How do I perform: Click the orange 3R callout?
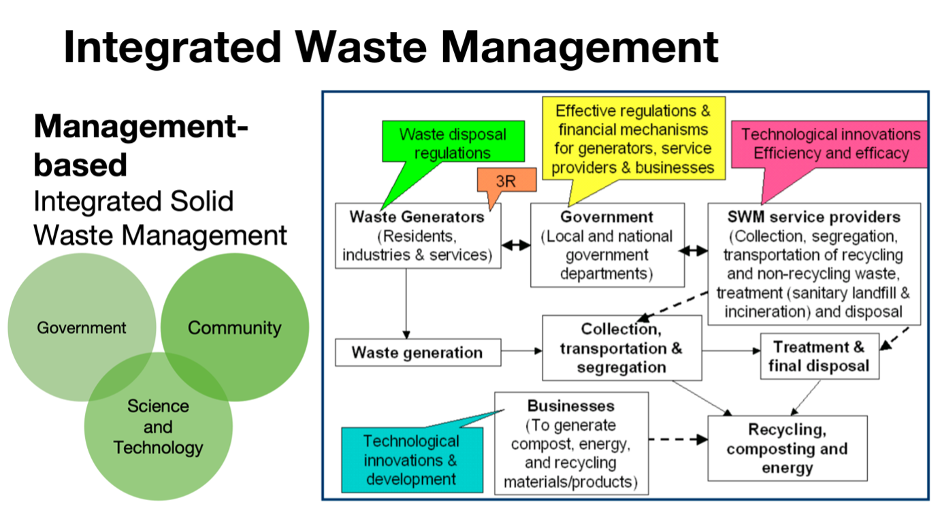[506, 181]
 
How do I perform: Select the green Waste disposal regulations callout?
[453, 142]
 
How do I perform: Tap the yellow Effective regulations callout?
[633, 138]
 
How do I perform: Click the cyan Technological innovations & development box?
[412, 460]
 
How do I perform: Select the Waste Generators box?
[418, 236]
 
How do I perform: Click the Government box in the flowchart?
[607, 245]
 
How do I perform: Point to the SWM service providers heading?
[814, 217]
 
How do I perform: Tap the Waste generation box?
[418, 352]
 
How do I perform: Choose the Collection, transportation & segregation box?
[622, 348]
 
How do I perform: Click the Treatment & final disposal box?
[819, 357]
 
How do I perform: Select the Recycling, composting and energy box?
[787, 448]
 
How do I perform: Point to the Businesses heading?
[571, 406]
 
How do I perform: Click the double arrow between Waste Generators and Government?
[516, 245]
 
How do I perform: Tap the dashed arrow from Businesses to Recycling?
[679, 440]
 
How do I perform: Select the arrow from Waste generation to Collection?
[522, 351]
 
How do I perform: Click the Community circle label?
[234, 328]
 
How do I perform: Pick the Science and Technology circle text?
[158, 427]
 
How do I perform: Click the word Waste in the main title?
[361, 47]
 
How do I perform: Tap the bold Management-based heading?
[141, 145]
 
